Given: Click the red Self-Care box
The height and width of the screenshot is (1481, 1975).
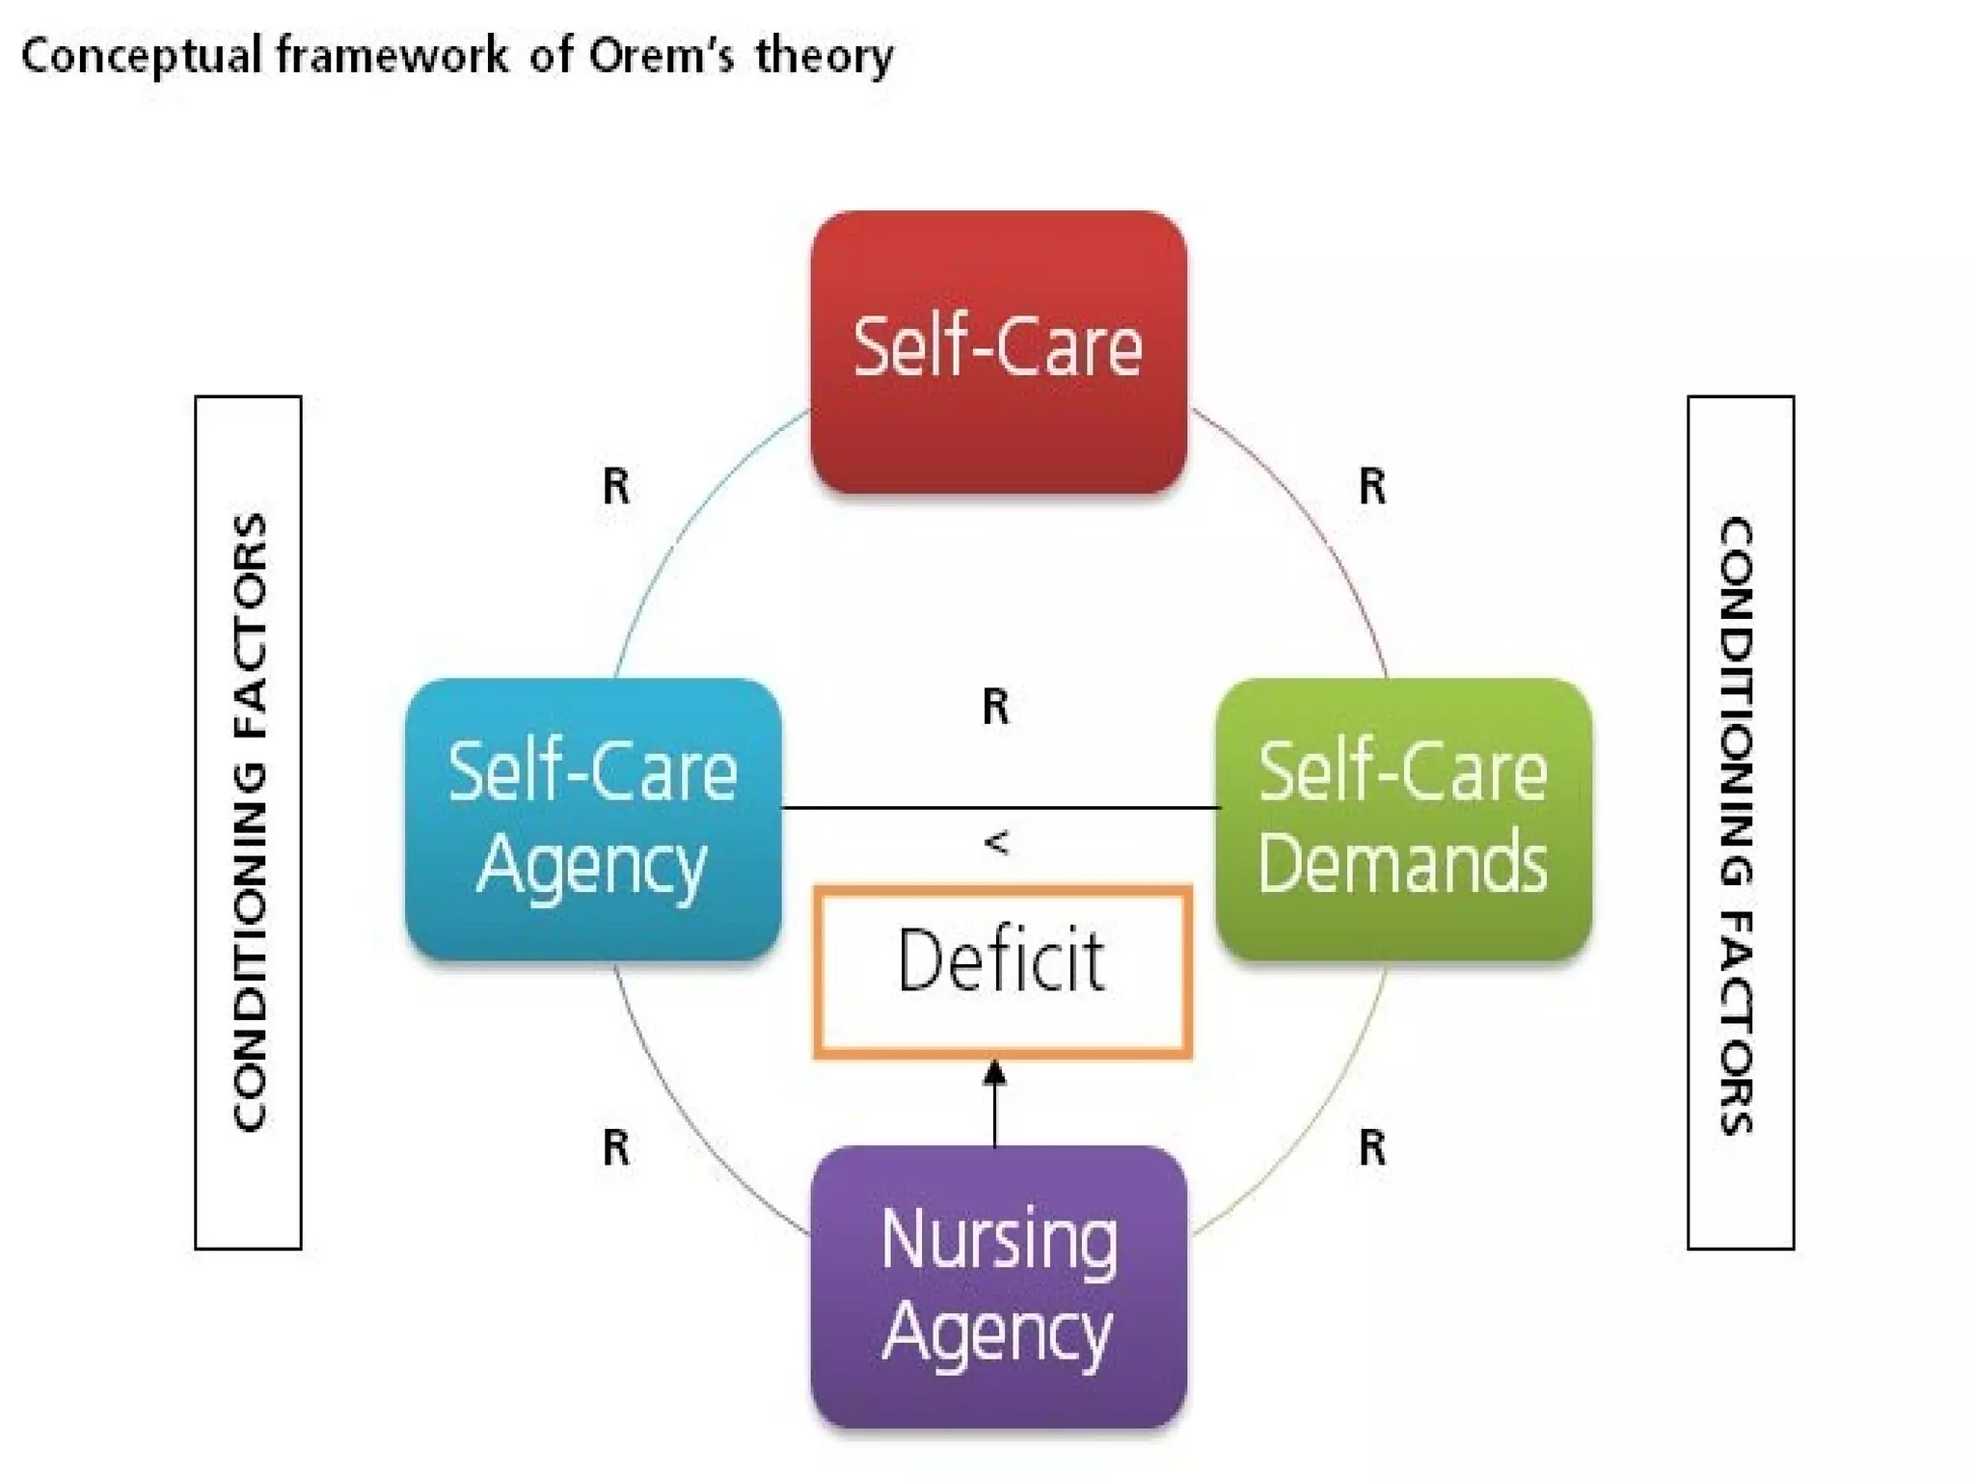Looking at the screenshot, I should [998, 352].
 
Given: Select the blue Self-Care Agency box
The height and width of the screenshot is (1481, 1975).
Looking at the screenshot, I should [593, 820].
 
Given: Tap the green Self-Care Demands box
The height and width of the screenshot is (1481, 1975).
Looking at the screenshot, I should [1403, 820].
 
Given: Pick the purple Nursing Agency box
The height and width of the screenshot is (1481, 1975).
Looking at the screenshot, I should [998, 1287].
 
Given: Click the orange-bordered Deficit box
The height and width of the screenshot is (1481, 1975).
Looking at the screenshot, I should [1002, 972].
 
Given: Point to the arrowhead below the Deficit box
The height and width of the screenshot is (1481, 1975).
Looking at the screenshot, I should [995, 1073].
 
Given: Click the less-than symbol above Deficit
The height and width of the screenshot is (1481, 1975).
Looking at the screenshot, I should [996, 843].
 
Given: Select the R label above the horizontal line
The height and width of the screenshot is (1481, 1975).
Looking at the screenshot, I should [996, 707].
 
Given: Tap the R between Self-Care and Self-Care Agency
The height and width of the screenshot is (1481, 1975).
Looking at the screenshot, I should [616, 486].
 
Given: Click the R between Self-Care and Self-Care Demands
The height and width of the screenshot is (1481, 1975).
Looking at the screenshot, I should [1372, 486].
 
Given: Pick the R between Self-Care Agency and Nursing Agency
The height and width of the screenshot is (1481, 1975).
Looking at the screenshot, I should [616, 1147].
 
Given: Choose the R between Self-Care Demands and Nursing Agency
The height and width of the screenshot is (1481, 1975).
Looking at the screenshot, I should [1372, 1147].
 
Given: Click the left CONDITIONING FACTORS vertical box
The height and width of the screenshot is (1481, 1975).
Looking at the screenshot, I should [248, 822].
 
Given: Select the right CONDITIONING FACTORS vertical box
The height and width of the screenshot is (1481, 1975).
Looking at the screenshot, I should [1740, 822].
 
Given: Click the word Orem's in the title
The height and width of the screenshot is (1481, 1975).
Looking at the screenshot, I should [661, 56].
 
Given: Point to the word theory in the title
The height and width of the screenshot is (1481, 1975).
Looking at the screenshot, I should [825, 56].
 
